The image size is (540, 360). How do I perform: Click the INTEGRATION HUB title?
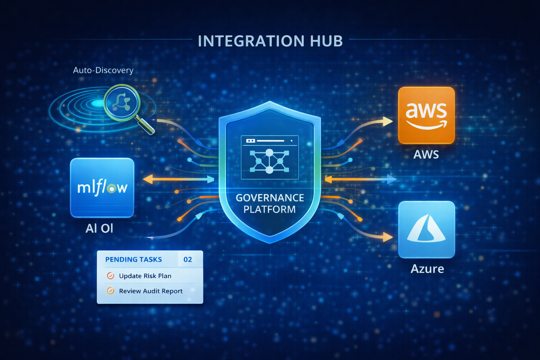point(270,41)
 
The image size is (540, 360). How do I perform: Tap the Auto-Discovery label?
point(103,70)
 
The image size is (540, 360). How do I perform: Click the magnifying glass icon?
point(123,103)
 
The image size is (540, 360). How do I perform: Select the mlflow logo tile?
point(102,187)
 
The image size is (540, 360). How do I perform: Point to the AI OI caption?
point(99,229)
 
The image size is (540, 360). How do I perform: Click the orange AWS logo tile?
point(426,115)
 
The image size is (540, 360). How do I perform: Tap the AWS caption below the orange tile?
point(426,154)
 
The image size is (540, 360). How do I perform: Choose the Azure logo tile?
point(426,229)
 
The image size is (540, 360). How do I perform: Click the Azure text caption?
point(427,269)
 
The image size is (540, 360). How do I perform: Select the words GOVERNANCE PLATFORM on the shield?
point(270,204)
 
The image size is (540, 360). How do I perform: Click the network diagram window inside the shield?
point(270,157)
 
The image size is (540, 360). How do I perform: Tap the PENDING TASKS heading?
point(134,259)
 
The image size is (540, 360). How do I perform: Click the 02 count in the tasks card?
point(188,259)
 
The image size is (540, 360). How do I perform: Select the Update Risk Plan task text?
point(145,276)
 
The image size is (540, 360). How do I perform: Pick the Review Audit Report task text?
point(151,291)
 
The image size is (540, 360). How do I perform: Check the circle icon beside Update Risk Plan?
point(110,276)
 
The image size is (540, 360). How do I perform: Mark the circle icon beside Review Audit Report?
point(110,291)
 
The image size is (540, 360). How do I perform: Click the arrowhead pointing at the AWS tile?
point(388,122)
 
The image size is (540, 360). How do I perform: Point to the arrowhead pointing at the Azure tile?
point(388,237)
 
